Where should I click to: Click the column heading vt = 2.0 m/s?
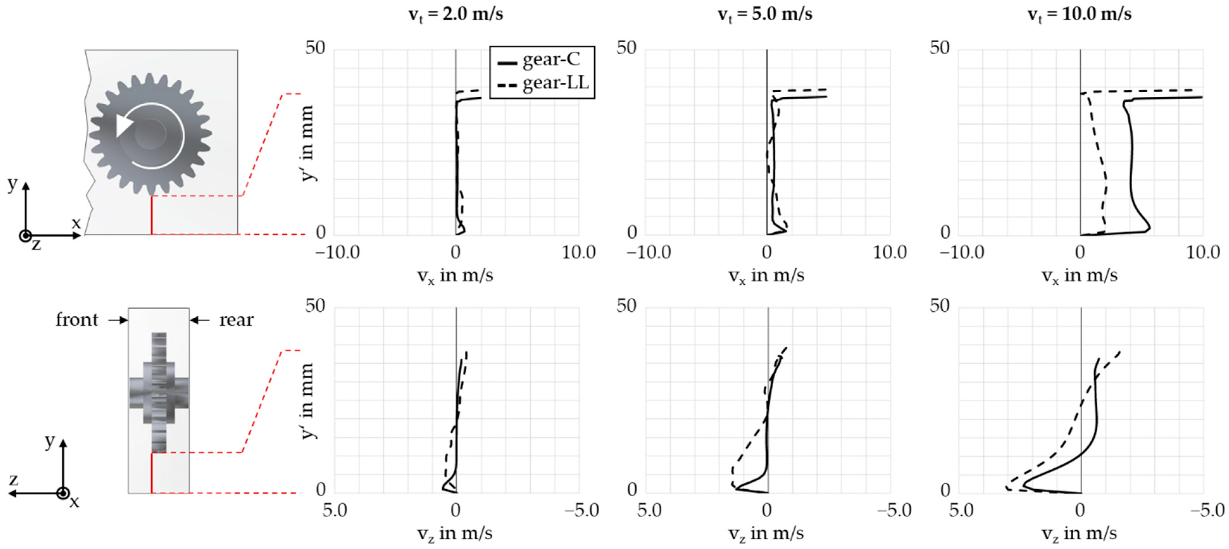(x=456, y=14)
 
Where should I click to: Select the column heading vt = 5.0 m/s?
(x=765, y=14)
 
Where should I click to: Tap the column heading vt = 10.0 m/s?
(x=1079, y=14)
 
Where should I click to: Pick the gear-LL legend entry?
(x=555, y=83)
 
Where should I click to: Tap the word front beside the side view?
(x=77, y=320)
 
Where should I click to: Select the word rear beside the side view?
(x=236, y=320)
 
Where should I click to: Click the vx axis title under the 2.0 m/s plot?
(x=455, y=276)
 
